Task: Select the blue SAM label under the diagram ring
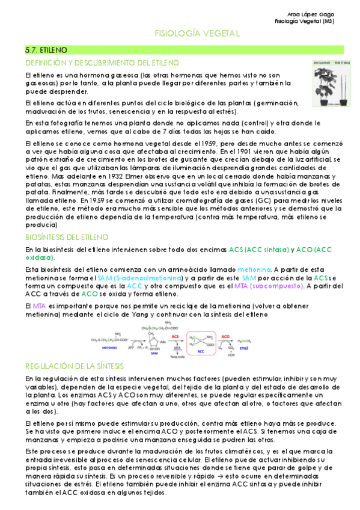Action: (153, 354)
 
